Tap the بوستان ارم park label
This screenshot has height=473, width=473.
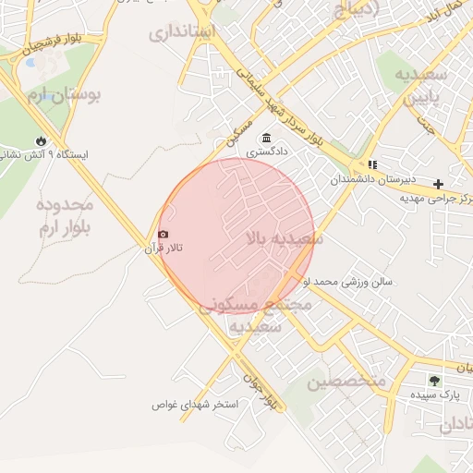(x=64, y=94)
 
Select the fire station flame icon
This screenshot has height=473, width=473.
(x=41, y=140)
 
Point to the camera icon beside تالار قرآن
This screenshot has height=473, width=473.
(x=164, y=235)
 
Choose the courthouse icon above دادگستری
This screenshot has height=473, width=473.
(x=266, y=138)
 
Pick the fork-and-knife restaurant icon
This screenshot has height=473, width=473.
(x=372, y=164)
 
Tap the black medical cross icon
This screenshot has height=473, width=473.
(x=438, y=185)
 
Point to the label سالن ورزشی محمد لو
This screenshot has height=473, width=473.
(x=355, y=281)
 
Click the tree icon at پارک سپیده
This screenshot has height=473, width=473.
(x=433, y=380)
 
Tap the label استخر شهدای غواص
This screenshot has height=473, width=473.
(x=195, y=405)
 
